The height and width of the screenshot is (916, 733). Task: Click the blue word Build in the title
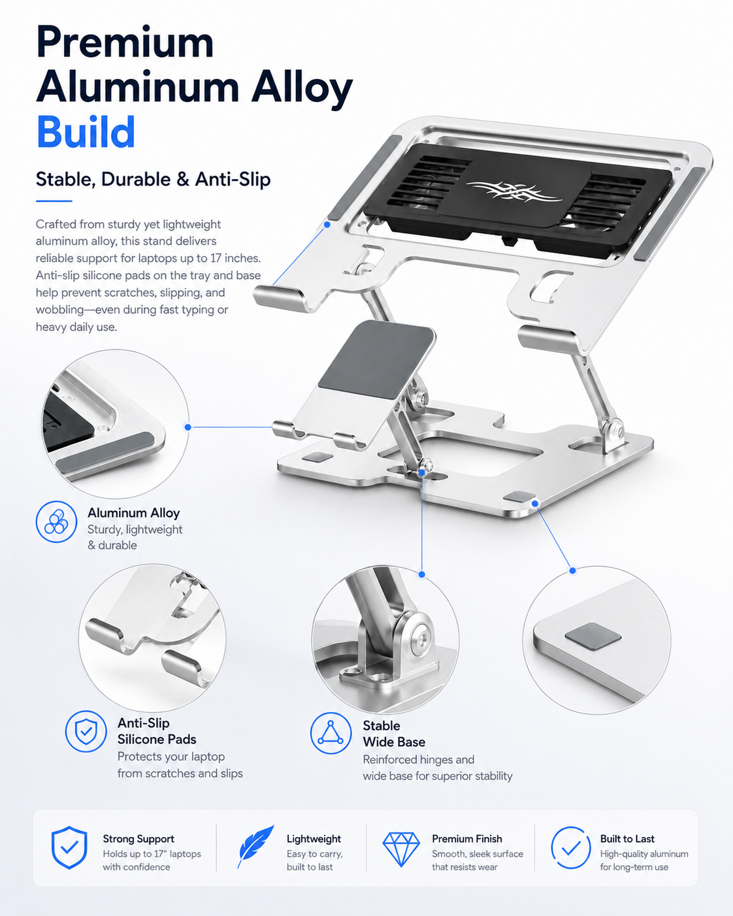pyautogui.click(x=86, y=131)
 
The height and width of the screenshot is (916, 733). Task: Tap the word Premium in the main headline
pyautogui.click(x=125, y=42)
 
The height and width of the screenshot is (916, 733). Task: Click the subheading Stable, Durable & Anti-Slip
pyautogui.click(x=154, y=179)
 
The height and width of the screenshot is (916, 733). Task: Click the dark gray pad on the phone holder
pyautogui.click(x=377, y=360)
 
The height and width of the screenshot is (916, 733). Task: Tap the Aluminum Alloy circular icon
pyautogui.click(x=56, y=522)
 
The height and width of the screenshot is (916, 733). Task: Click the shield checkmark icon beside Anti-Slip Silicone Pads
pyautogui.click(x=86, y=731)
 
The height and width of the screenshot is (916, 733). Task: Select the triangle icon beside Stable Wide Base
pyautogui.click(x=331, y=733)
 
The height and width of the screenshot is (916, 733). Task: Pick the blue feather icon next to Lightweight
pyautogui.click(x=255, y=846)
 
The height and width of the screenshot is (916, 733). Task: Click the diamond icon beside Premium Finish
pyautogui.click(x=401, y=849)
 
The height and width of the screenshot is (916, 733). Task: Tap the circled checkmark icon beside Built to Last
pyautogui.click(x=571, y=848)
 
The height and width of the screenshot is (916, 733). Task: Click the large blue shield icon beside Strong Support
pyautogui.click(x=69, y=847)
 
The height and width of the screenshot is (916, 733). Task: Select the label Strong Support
pyautogui.click(x=138, y=838)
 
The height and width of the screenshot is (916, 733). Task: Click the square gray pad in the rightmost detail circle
pyautogui.click(x=593, y=636)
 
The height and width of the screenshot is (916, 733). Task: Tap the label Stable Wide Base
pyautogui.click(x=394, y=734)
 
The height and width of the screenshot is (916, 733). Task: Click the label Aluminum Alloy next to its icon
pyautogui.click(x=134, y=513)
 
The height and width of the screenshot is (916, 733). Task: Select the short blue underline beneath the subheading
pyautogui.click(x=54, y=201)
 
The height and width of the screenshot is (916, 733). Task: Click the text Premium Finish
pyautogui.click(x=467, y=838)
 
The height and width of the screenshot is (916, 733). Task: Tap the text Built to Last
pyautogui.click(x=627, y=838)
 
